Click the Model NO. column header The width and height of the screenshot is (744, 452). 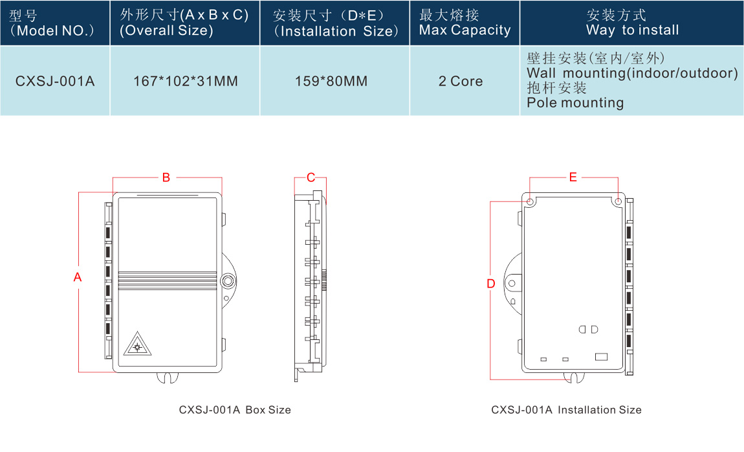click(x=54, y=23)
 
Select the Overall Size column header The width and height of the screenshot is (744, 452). click(x=184, y=23)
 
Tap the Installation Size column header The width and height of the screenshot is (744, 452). click(x=334, y=23)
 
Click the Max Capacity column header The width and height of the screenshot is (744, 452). click(x=465, y=23)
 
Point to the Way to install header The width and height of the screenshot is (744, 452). click(x=632, y=23)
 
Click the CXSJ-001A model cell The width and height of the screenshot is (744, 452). click(x=55, y=82)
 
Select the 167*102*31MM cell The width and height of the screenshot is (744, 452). click(x=185, y=82)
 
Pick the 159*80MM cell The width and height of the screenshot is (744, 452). click(x=334, y=82)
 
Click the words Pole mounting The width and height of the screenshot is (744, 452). click(x=575, y=103)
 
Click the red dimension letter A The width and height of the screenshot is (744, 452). click(x=78, y=277)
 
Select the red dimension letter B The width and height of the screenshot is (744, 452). click(x=166, y=177)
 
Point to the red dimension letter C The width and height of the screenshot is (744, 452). click(x=311, y=177)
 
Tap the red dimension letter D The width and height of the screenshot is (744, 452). click(x=490, y=284)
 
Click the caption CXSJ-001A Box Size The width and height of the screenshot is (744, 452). click(x=235, y=410)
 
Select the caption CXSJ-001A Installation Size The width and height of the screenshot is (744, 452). click(x=566, y=410)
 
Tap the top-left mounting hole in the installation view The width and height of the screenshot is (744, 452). click(x=531, y=202)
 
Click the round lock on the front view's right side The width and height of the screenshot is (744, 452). click(x=227, y=281)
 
